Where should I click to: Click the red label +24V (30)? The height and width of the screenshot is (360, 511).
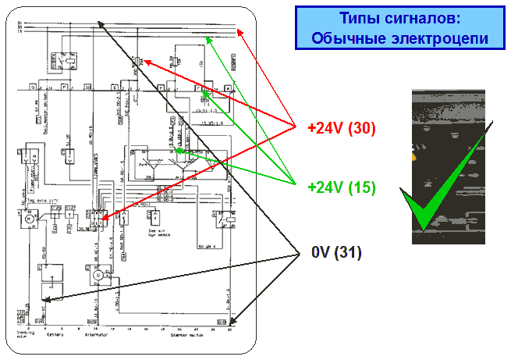pos(342,128)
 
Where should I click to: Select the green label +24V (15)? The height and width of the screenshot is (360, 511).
pos(342,187)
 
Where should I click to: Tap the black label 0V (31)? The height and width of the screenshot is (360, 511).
pos(336,252)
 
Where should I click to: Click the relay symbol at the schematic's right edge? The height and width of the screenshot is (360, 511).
pos(225,221)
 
